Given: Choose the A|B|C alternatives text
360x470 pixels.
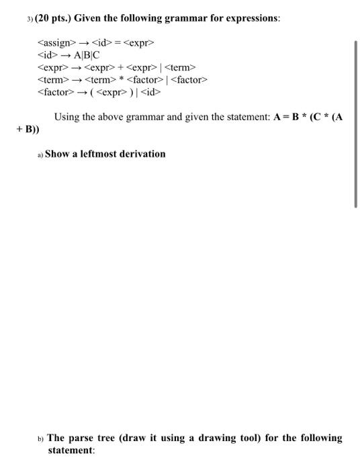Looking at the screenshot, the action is click(x=87, y=56).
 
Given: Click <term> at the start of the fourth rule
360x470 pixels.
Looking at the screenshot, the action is click(x=53, y=80).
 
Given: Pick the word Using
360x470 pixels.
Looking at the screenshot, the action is click(x=68, y=117).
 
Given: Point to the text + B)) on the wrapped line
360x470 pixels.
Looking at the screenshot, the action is click(x=28, y=129).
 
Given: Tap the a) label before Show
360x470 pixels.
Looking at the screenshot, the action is click(x=41, y=154).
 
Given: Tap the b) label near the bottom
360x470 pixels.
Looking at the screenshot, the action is click(x=41, y=438).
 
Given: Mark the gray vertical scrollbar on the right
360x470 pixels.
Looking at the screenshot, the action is click(x=356, y=124).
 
